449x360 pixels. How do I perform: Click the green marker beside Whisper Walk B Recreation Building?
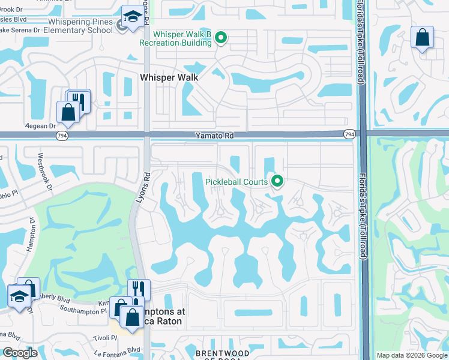point(221,38)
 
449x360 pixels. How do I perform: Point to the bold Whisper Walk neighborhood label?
point(169,77)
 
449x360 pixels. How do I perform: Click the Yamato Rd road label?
point(213,136)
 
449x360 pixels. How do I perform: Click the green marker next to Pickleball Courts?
point(277,180)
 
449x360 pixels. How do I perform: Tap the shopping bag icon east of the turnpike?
point(422,37)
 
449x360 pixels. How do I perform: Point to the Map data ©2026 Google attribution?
point(412,355)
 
